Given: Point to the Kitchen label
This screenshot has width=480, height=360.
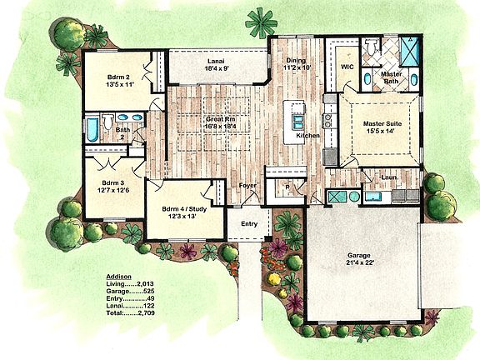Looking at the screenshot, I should tap(307, 135).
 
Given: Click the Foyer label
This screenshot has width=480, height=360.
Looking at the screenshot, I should tap(248, 186).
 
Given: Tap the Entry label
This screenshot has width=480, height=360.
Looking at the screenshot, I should tap(250, 223).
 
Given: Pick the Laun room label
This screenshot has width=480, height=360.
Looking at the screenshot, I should tap(388, 177).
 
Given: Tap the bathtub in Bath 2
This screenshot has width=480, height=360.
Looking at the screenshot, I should tap(93, 130).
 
